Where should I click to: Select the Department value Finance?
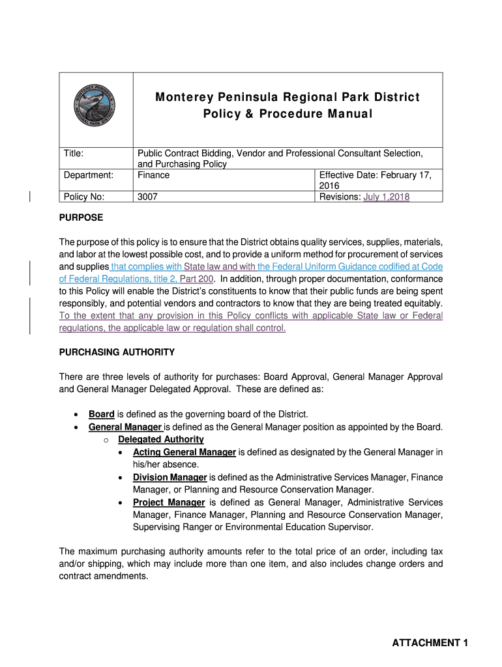pos(153,175)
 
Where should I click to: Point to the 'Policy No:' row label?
pos(83,197)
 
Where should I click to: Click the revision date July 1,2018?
pos(387,197)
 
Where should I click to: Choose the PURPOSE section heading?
pos(81,217)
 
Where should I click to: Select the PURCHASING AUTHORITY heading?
pos(117,352)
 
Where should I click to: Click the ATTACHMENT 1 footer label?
pos(430,643)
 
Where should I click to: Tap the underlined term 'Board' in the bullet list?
pos(102,414)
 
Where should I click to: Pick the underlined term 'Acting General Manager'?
pos(185,452)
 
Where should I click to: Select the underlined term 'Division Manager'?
pos(170,477)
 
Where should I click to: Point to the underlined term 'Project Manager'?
pos(169,502)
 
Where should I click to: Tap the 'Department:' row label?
pos(89,175)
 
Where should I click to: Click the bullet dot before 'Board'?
pos(78,415)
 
